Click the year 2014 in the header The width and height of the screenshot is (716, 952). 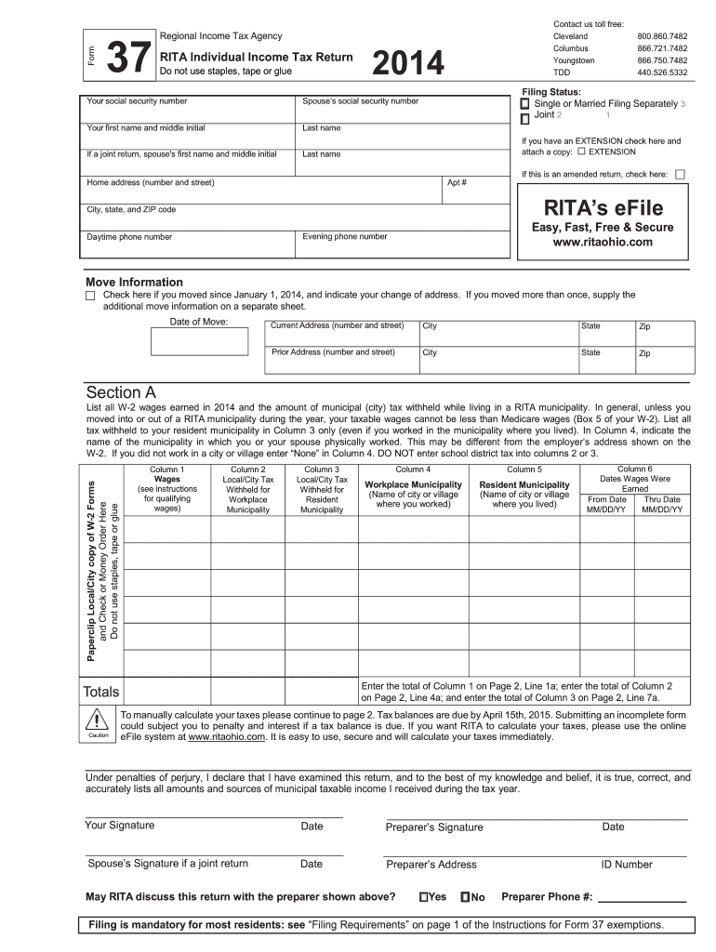(x=408, y=63)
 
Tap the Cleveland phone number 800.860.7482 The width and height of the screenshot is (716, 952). (x=662, y=35)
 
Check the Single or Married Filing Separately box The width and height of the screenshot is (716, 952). (x=524, y=104)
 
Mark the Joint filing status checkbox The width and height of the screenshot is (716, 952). (x=524, y=118)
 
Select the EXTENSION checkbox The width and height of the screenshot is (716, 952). (x=581, y=152)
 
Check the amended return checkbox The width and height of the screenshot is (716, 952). (x=680, y=174)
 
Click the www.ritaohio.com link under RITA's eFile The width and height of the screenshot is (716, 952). (x=603, y=243)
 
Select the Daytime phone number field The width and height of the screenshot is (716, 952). (x=190, y=244)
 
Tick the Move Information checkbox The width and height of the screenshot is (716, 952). (x=90, y=296)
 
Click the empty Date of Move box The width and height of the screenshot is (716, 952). (x=199, y=342)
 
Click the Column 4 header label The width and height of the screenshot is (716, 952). (x=413, y=469)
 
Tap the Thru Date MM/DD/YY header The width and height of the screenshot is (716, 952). (x=662, y=505)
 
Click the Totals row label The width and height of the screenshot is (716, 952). (x=101, y=692)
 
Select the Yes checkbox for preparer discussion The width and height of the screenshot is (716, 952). (x=423, y=897)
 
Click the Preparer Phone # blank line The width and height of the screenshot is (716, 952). (x=641, y=898)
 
